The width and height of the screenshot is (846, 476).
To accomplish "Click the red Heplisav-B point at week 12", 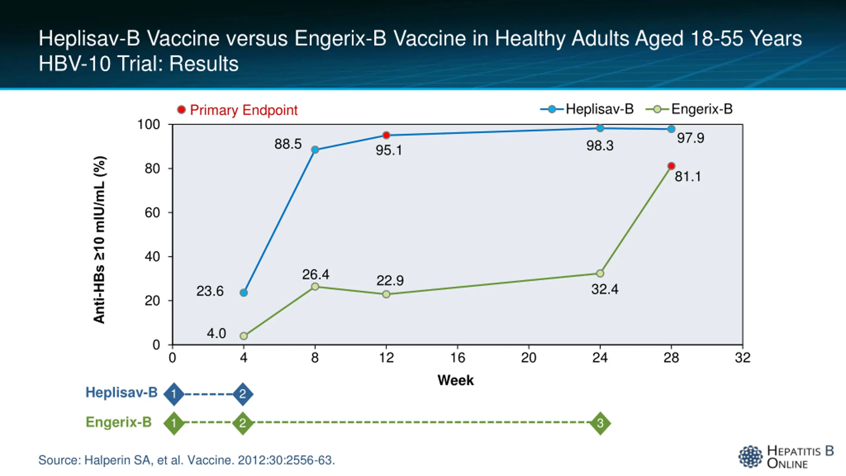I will tap(386, 135).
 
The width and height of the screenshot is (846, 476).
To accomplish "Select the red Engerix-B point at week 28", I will tap(671, 166).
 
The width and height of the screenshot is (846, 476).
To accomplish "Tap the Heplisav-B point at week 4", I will tap(244, 293).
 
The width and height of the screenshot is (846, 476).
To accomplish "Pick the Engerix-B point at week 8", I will tap(315, 286).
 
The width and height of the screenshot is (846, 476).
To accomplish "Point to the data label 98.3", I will tap(600, 146).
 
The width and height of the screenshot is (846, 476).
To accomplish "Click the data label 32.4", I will tap(604, 290).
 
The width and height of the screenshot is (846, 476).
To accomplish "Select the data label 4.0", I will tap(216, 334).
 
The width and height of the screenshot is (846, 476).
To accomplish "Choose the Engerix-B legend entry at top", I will tap(689, 109).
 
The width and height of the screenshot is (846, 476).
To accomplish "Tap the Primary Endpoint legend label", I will tap(244, 110).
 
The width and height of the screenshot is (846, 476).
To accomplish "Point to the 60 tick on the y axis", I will tap(152, 213).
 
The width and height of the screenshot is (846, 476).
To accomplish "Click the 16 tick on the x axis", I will tap(457, 358).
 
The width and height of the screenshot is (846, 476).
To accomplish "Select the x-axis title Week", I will tap(455, 380).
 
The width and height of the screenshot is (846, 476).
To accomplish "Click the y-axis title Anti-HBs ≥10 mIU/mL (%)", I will tap(99, 240).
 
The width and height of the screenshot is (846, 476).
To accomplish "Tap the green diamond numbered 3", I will tap(600, 423).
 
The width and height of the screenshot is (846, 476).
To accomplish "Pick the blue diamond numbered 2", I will tap(243, 394).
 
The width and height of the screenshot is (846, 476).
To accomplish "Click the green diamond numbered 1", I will tap(174, 423).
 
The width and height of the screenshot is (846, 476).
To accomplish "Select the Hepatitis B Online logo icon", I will tap(750, 456).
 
